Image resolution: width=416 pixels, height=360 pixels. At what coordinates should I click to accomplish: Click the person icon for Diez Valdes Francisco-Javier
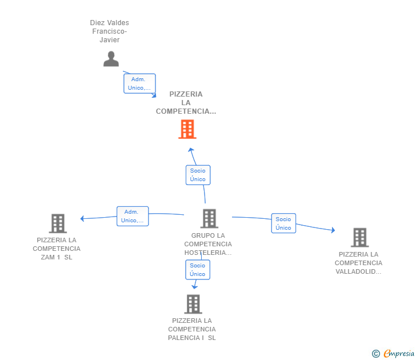click(x=111, y=59)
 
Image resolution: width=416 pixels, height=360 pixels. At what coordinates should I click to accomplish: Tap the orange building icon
click(x=187, y=129)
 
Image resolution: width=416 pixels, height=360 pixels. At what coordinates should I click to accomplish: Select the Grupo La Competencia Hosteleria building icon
click(x=209, y=219)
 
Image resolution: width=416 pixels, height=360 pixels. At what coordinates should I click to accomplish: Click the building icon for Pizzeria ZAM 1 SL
click(x=58, y=223)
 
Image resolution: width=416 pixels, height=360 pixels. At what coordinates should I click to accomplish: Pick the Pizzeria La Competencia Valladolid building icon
click(x=360, y=238)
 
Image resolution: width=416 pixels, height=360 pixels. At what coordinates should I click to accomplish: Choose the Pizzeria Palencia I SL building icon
click(x=193, y=304)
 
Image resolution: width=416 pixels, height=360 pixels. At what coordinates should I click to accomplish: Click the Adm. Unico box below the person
click(x=139, y=83)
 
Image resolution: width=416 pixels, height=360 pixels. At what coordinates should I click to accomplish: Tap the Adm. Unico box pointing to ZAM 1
click(x=133, y=216)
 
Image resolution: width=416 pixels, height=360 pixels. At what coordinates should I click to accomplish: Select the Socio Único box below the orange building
click(x=198, y=175)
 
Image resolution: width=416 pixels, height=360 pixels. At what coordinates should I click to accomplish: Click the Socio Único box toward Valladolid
click(x=283, y=223)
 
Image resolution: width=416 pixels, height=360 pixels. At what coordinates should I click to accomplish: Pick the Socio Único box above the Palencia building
click(x=198, y=270)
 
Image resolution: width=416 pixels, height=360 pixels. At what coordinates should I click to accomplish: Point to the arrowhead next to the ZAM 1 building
click(x=82, y=218)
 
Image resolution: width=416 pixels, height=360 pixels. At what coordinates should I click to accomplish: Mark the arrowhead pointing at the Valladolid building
click(x=333, y=230)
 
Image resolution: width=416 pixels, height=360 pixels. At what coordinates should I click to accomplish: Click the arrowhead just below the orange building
click(x=191, y=150)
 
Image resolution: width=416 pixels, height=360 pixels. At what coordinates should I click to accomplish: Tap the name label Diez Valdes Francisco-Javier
click(x=110, y=31)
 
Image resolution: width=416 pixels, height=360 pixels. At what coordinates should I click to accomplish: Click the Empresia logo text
click(x=399, y=353)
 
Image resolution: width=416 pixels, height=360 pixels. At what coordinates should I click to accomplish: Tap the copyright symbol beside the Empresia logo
click(x=376, y=354)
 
